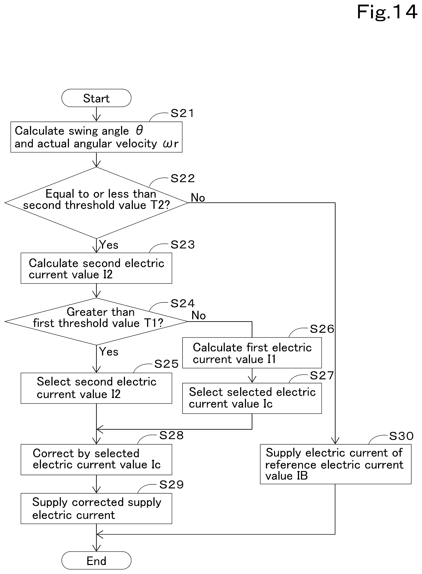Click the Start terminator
[x=96, y=98]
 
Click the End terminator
[x=96, y=561]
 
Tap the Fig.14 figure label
[x=387, y=12]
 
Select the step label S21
[x=182, y=113]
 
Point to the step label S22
[x=183, y=178]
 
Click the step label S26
[x=322, y=329]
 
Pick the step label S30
[x=401, y=436]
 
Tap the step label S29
[x=171, y=484]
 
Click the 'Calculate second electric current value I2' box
[x=96, y=268]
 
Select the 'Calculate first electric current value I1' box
[x=252, y=353]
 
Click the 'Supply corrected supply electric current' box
[x=96, y=509]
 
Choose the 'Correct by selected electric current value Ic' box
[x=96, y=460]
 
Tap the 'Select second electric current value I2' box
[x=96, y=388]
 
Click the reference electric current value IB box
[x=336, y=464]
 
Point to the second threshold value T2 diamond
[x=96, y=203]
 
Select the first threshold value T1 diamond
[x=96, y=322]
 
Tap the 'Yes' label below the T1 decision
[x=109, y=351]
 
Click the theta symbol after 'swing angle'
[x=139, y=130]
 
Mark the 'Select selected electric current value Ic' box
[x=252, y=398]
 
